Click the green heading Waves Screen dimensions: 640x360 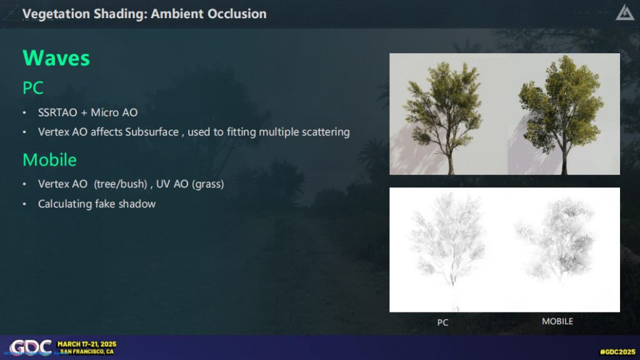pyautogui.click(x=56, y=58)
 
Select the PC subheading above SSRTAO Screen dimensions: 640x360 pyautogui.click(x=32, y=87)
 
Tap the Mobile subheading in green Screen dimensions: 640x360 pyautogui.click(x=49, y=159)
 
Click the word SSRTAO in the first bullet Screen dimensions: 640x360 pyautogui.click(x=57, y=112)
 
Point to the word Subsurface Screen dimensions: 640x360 pyautogui.click(x=152, y=132)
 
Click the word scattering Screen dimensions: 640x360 pyautogui.click(x=324, y=132)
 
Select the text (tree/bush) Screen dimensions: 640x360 pyautogui.click(x=121, y=184)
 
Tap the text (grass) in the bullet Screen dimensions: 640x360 pyautogui.click(x=208, y=184)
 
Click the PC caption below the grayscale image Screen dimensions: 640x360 pyautogui.click(x=443, y=322)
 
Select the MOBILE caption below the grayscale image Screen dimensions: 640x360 pyautogui.click(x=557, y=322)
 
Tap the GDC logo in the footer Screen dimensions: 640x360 pyautogui.click(x=31, y=347)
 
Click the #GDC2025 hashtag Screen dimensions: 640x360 pyautogui.click(x=617, y=352)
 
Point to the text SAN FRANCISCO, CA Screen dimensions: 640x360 pyautogui.click(x=87, y=352)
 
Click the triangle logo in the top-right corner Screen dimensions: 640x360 pyautogui.click(x=624, y=14)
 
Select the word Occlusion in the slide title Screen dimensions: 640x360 pyautogui.click(x=237, y=14)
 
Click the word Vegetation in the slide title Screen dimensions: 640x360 pyautogui.click(x=56, y=14)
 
